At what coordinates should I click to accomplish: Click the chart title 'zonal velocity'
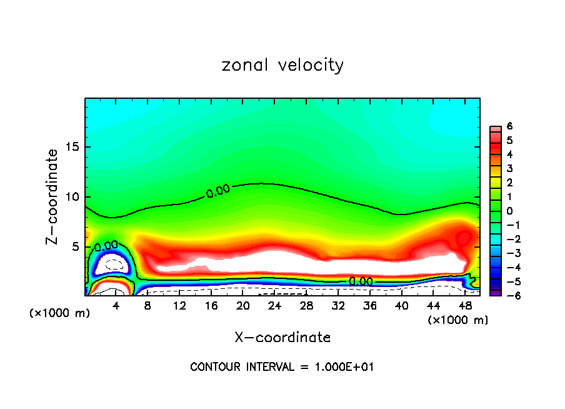282,65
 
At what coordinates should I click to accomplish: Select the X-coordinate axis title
282,338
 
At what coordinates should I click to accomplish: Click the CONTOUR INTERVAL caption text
282,367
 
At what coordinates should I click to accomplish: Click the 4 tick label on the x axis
116,306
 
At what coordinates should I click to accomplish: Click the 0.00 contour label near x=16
218,191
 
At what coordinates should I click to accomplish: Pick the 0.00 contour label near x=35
361,281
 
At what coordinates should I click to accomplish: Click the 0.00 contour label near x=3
106,245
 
